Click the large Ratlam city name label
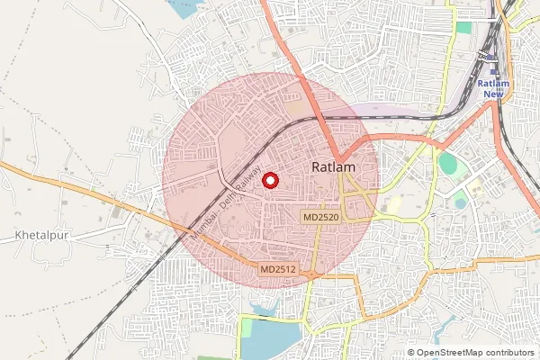pyautogui.click(x=334, y=167)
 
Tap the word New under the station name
pyautogui.click(x=494, y=94)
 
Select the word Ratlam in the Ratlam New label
pyautogui.click(x=494, y=84)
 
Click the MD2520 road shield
pyautogui.click(x=321, y=218)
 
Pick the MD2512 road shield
pyautogui.click(x=279, y=269)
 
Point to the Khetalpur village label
pyautogui.click(x=42, y=236)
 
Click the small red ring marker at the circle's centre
pyautogui.click(x=270, y=181)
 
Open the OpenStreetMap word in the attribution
pyautogui.click(x=449, y=353)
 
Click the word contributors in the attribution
pyautogui.click(x=509, y=353)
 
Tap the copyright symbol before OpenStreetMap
pyautogui.click(x=411, y=353)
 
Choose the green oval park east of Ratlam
pyautogui.click(x=447, y=166)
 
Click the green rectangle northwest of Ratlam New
pyautogui.click(x=463, y=27)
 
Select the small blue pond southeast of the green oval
pyautogui.click(x=461, y=202)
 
